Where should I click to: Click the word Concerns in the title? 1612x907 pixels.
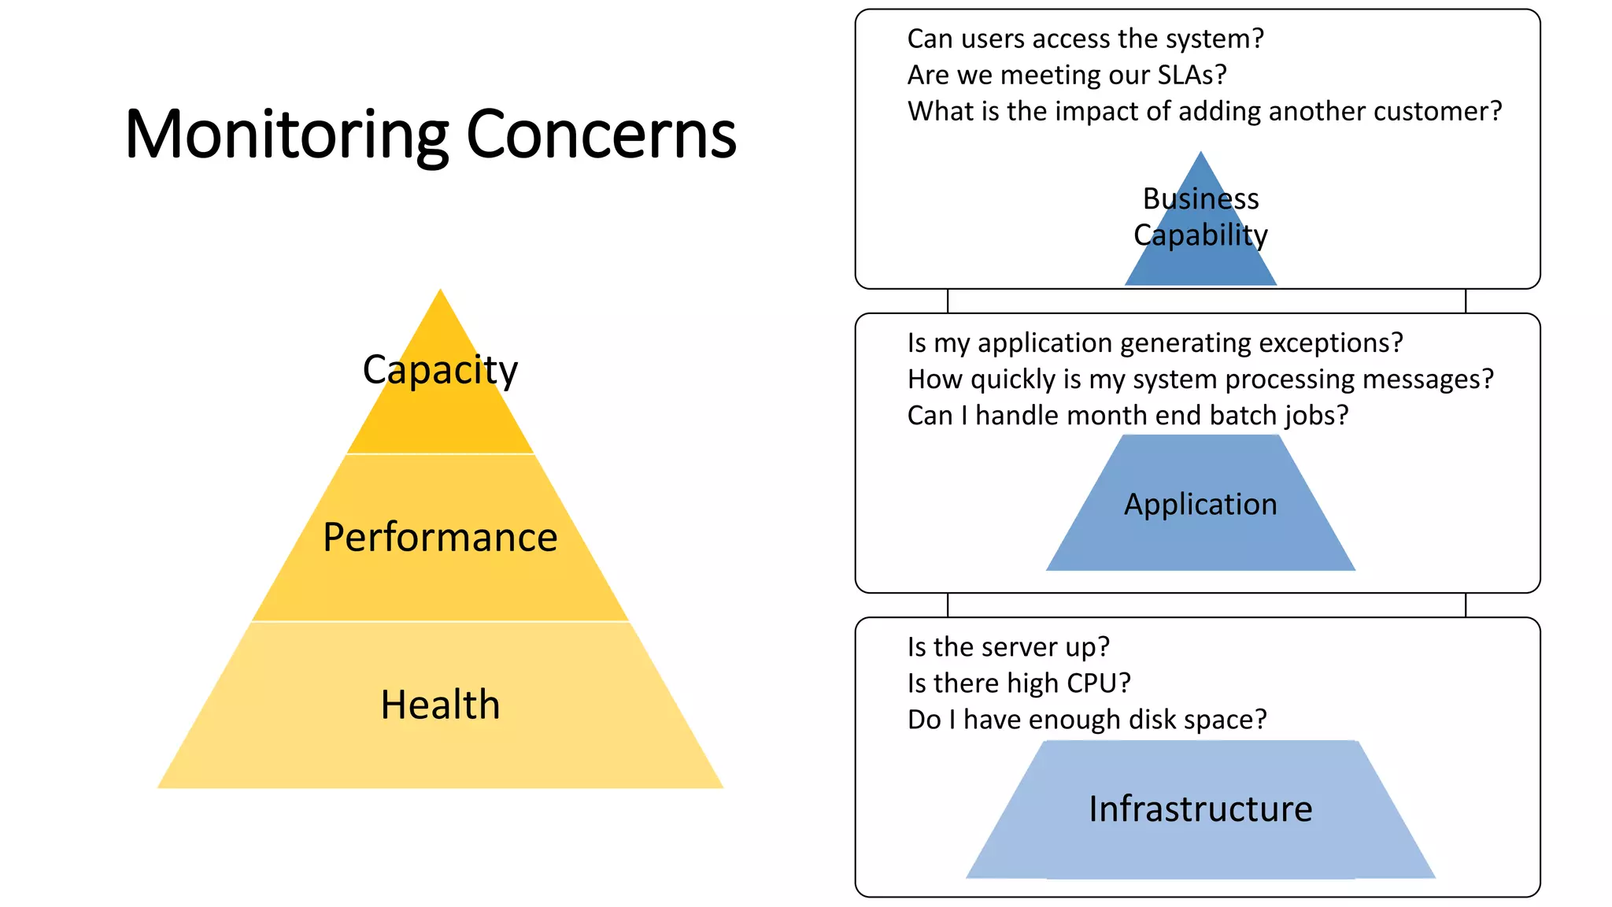(601, 135)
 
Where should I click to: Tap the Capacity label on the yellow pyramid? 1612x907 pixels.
(440, 370)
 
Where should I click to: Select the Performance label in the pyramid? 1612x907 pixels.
(440, 538)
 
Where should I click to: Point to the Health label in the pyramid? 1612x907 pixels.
(440, 705)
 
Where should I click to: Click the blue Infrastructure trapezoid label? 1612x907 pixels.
(1200, 809)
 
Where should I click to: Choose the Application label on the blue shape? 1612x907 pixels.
(1200, 505)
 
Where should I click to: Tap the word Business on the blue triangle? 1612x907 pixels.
(1200, 199)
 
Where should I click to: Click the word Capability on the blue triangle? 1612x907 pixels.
(1200, 235)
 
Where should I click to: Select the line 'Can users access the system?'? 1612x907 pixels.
(1085, 39)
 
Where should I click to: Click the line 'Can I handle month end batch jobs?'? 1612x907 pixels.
(1128, 416)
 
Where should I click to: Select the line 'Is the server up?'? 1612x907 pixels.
(1008, 647)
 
